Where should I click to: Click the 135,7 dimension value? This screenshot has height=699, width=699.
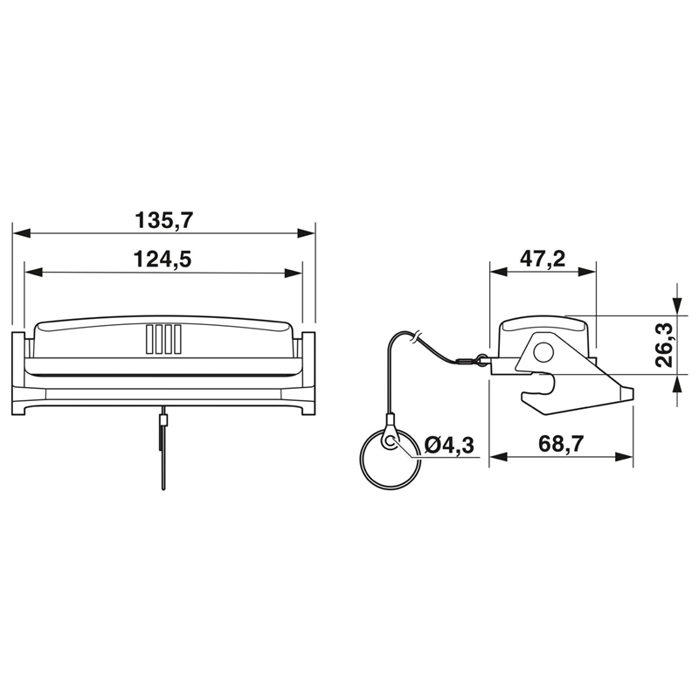click(x=164, y=221)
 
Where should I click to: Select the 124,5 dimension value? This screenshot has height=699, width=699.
click(x=163, y=260)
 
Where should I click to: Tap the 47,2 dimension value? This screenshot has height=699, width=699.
click(x=543, y=259)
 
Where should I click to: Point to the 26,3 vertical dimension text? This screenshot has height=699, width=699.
click(x=664, y=345)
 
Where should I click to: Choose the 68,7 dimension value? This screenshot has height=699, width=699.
click(x=561, y=444)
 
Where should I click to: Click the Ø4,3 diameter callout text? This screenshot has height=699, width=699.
click(x=449, y=446)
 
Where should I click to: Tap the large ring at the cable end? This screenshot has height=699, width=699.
click(x=390, y=460)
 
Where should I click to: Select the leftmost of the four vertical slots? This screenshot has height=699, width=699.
click(x=149, y=340)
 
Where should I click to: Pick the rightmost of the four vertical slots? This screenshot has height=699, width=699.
click(x=177, y=340)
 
